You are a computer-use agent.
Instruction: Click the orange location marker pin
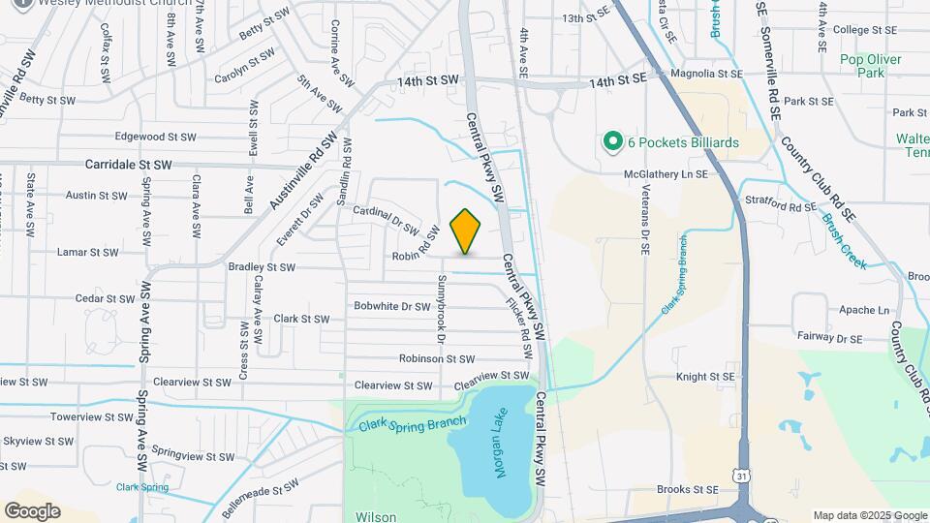point(466,231)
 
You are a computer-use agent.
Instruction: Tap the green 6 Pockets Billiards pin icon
point(612,142)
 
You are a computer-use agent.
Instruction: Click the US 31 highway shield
point(741,477)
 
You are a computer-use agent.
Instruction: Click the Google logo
point(32,511)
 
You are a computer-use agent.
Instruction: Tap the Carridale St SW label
point(128,166)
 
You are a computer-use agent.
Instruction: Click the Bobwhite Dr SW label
point(391,306)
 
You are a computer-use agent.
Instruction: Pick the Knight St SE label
point(705,376)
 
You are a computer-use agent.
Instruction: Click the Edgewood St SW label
point(156,137)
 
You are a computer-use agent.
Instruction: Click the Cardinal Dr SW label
point(386,221)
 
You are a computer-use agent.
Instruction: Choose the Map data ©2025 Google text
point(869,515)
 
